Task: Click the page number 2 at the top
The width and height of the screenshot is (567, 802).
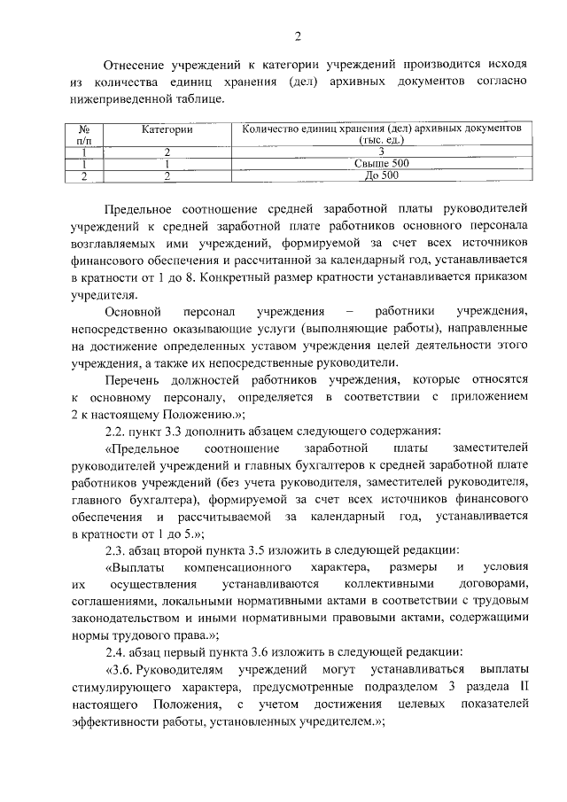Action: (x=299, y=35)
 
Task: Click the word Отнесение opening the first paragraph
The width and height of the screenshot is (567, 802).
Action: (x=136, y=65)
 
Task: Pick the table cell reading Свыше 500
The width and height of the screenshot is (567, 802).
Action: (x=382, y=163)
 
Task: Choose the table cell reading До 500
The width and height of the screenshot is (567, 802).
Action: (x=382, y=175)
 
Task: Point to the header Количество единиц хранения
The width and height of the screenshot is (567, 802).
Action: (x=382, y=129)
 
